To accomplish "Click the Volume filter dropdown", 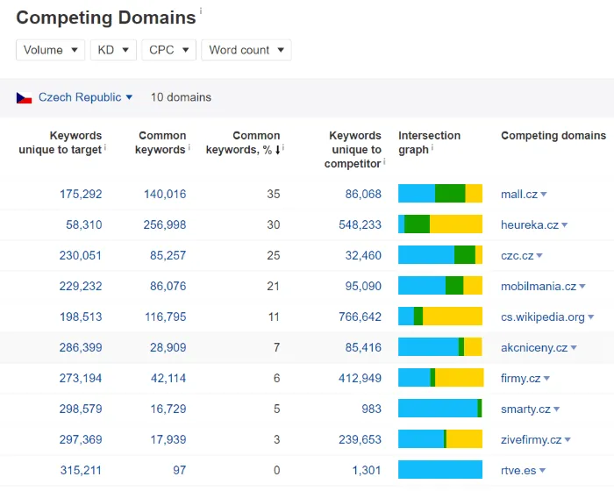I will tap(50, 50).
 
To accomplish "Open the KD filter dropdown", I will tap(113, 50).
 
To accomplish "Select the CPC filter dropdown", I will tap(168, 50).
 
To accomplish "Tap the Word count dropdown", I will tap(246, 50).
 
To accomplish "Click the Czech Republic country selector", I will tap(85, 97).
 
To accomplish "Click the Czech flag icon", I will tap(24, 97).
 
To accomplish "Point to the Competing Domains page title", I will tap(106, 18).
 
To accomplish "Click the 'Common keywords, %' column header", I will tap(244, 143).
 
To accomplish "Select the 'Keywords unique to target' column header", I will tap(61, 143).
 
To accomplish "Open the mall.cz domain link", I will tap(518, 194).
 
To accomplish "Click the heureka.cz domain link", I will tap(529, 224).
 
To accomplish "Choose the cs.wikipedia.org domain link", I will tap(542, 317).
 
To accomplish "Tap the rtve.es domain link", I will tap(518, 470).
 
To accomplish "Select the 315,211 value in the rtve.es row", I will tap(81, 470).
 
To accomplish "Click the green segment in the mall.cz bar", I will tap(450, 194).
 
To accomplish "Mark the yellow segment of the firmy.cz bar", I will tap(460, 378).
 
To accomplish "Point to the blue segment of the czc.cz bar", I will tap(425, 255).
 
